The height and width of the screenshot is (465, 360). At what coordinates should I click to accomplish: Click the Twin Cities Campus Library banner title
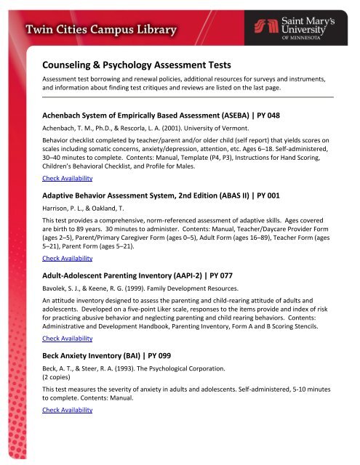pos(101,31)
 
